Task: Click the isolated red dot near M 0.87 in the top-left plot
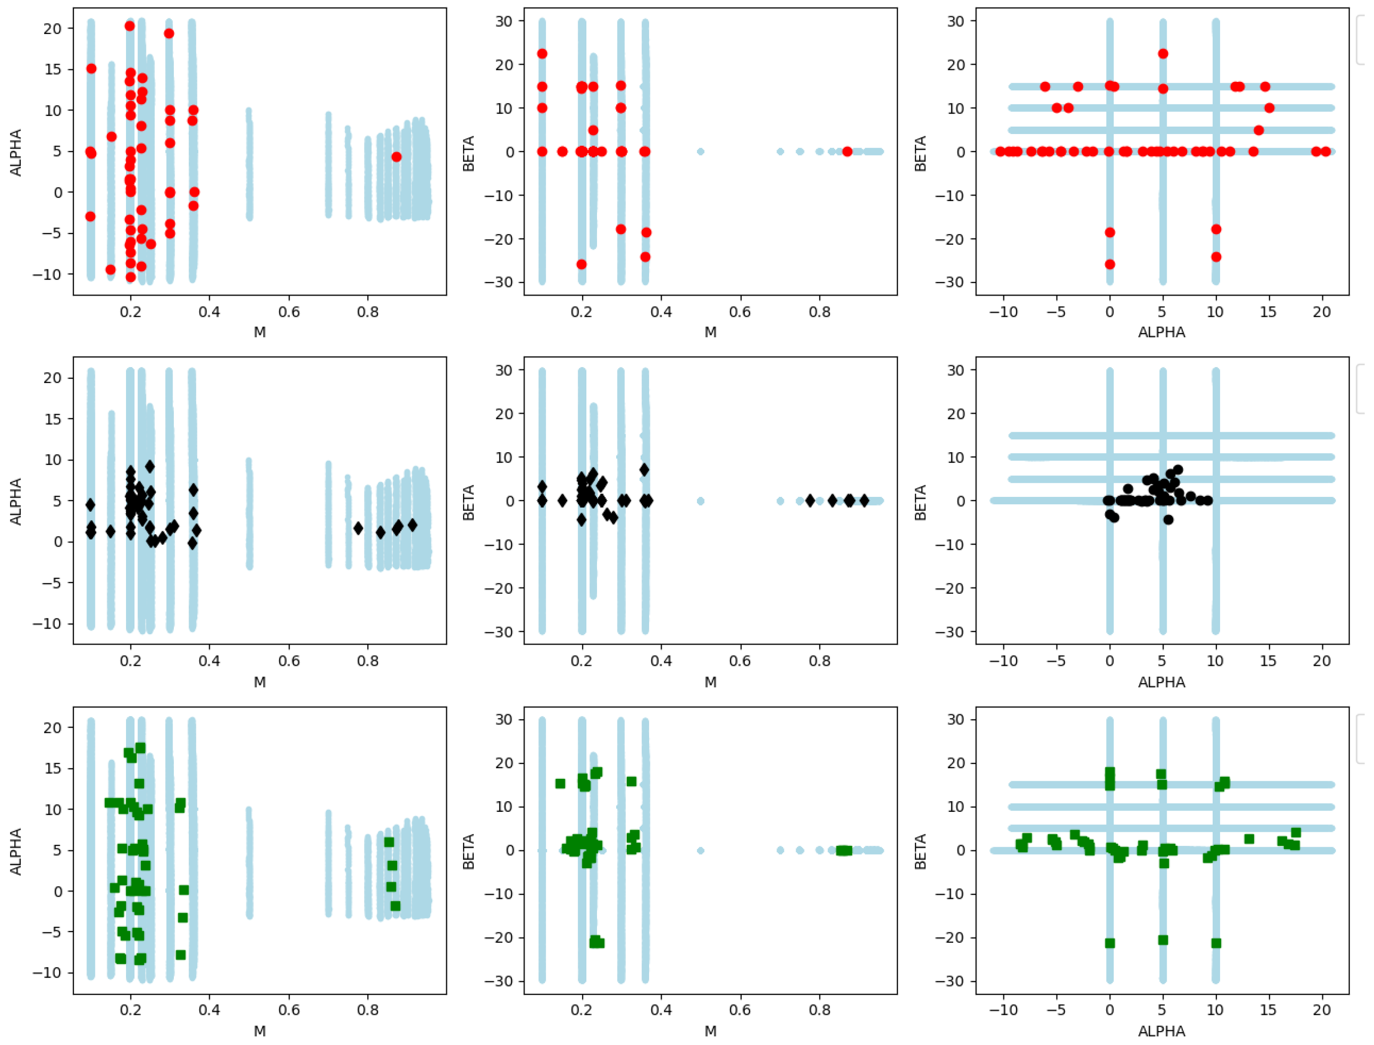coord(397,157)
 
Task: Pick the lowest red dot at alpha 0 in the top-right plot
coord(1110,264)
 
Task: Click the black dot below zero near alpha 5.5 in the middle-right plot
coord(1168,519)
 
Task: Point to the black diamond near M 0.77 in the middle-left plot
coord(358,528)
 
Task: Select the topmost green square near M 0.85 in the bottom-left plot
coord(389,842)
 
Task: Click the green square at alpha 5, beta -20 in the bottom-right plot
coord(1163,940)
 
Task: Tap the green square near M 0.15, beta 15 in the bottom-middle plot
coord(560,784)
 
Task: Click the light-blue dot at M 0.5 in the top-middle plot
coord(701,152)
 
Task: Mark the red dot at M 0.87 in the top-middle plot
coord(847,152)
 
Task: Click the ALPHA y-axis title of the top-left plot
coord(15,153)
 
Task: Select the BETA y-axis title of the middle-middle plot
coord(468,502)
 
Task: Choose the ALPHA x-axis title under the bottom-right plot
coord(1162,1032)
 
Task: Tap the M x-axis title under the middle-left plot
coord(260,683)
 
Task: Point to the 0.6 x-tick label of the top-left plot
coord(289,312)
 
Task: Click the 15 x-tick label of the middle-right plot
coord(1268,661)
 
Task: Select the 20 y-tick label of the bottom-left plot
coord(53,728)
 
